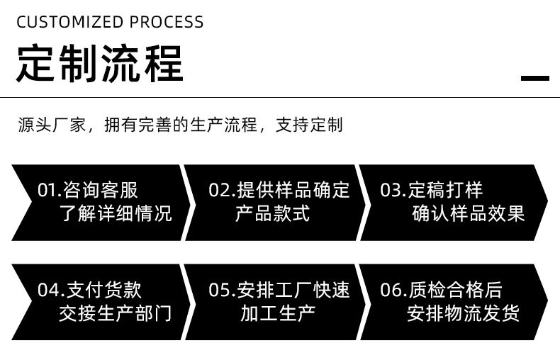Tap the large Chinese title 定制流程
[99, 64]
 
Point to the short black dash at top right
[535, 78]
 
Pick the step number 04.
[47, 290]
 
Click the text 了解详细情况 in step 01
[116, 213]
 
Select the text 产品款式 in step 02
[272, 213]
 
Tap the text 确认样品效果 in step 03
[469, 213]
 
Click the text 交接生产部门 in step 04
[116, 313]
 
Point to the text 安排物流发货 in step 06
[464, 313]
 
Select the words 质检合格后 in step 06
[455, 290]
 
